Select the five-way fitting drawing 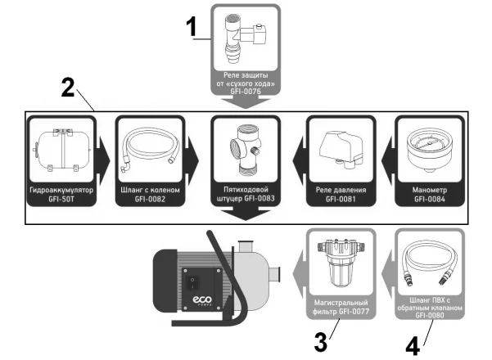click(x=246, y=151)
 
